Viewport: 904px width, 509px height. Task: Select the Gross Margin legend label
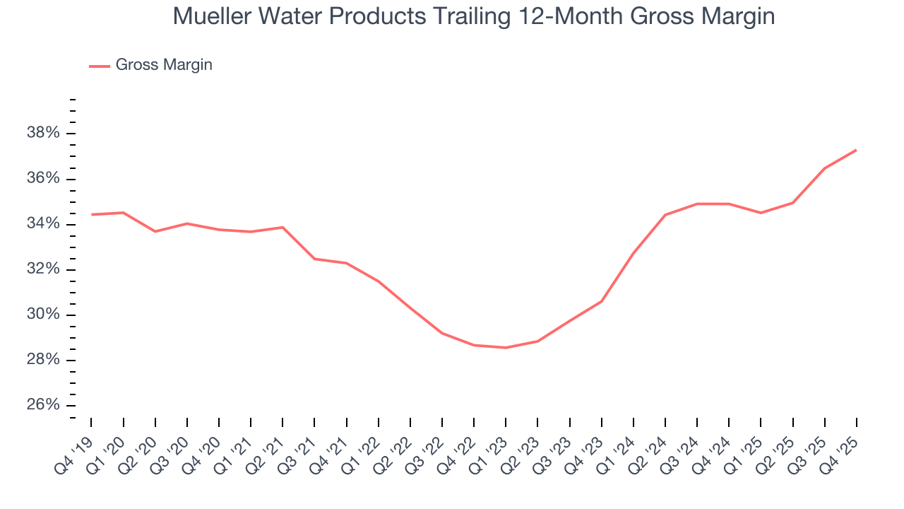coord(164,65)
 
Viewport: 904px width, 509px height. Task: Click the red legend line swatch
coord(99,66)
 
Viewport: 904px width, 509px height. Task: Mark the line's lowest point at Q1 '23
coord(506,348)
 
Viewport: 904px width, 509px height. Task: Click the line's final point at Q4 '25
coord(856,150)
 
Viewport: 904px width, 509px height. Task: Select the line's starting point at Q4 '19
coord(92,214)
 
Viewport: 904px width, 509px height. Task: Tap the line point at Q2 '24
coord(665,215)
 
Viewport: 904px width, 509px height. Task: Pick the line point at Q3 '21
coord(314,259)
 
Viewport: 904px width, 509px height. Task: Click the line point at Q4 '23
coord(601,301)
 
